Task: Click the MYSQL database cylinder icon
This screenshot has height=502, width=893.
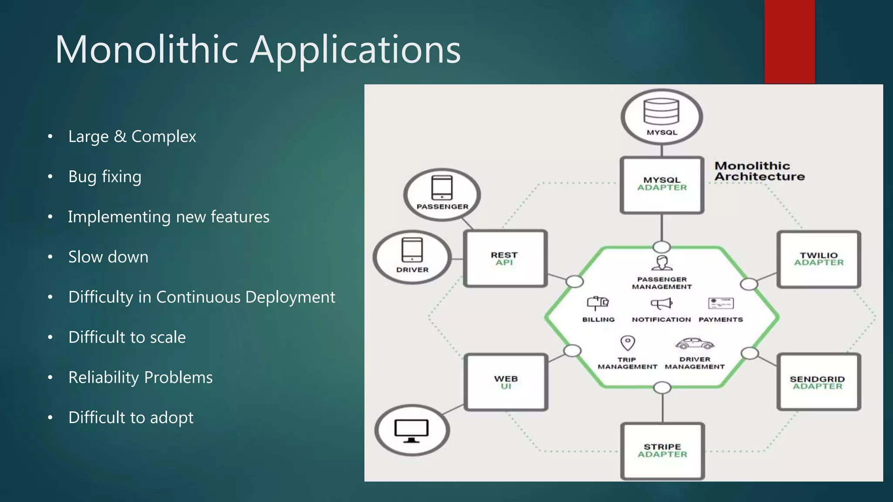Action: coord(661,112)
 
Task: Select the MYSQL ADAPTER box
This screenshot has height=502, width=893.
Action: coord(662,185)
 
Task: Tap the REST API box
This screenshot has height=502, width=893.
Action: coord(505,258)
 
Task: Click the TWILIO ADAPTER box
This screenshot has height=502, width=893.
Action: coord(818,259)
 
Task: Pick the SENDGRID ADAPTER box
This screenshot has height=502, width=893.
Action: coord(818,382)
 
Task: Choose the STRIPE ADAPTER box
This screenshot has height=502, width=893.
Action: coord(662,451)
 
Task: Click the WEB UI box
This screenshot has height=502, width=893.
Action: coord(506,382)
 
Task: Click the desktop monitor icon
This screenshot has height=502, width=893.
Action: coord(411,431)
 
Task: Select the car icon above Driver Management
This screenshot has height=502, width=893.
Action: coord(695,344)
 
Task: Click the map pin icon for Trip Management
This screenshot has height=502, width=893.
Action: coord(627,343)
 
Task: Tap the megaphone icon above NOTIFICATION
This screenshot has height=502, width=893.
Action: coord(661,303)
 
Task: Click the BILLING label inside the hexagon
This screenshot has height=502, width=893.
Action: coord(598,319)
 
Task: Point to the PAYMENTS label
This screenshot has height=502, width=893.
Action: coord(720,319)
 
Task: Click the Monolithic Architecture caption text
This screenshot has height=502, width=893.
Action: coord(759,171)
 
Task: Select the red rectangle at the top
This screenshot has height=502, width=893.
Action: coord(789,41)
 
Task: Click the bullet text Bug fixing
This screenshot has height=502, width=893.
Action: coord(105,176)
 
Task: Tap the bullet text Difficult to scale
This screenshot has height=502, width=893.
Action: coord(127,337)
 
